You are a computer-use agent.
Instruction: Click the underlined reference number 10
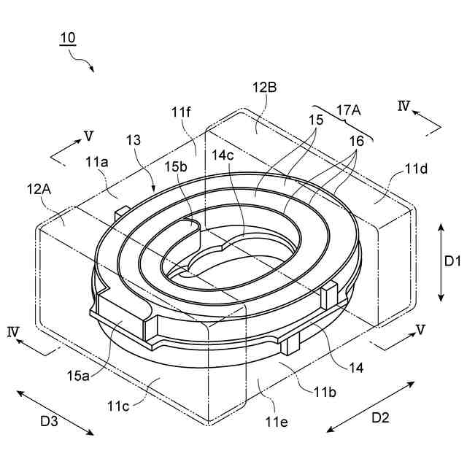point(66,37)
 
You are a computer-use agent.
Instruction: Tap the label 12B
point(265,88)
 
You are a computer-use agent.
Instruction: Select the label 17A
point(350,109)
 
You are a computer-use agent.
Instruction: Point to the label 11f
point(182,112)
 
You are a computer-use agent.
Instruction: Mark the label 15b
point(175,167)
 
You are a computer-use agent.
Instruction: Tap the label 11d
point(417,170)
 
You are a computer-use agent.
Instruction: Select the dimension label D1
point(452,260)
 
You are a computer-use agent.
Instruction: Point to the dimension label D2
point(380,419)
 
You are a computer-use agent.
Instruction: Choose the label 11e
point(277,421)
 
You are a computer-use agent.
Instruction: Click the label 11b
point(325,393)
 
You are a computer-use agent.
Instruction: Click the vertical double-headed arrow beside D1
point(441,263)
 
